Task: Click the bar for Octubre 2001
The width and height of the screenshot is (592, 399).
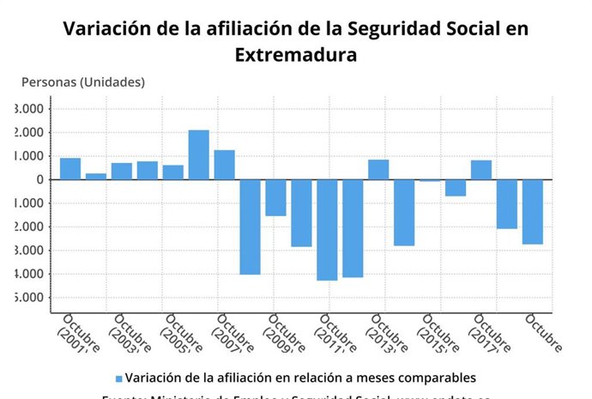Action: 70,169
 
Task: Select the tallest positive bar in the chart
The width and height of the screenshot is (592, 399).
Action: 199,154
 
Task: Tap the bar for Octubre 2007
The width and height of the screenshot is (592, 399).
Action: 225,165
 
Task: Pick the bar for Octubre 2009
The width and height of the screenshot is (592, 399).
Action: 275,197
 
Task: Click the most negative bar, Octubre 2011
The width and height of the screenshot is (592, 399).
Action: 327,229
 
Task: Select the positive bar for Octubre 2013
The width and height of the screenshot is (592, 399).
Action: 378,170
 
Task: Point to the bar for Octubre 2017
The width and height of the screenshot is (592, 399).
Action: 481,170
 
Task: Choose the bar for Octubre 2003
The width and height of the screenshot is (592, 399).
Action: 122,171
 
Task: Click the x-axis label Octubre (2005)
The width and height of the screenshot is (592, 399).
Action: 182,335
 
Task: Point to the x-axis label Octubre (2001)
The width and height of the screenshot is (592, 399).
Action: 79,335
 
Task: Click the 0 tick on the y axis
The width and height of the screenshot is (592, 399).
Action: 39,179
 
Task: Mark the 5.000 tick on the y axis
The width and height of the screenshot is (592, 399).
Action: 29,298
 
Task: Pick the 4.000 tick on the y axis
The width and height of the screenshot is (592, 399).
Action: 29,274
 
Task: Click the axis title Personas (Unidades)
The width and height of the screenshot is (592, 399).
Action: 83,82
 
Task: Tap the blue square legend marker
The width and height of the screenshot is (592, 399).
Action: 118,378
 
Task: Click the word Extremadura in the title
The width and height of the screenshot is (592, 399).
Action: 295,55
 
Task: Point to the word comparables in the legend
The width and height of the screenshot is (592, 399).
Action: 434,378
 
